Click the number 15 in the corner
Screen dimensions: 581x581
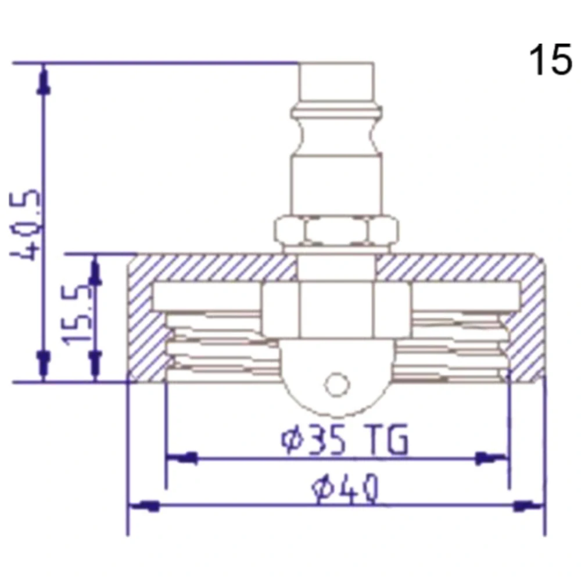(x=551, y=60)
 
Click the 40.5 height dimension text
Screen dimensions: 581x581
(x=24, y=224)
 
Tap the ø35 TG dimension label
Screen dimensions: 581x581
(x=345, y=439)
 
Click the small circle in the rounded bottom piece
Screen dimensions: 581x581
(x=337, y=385)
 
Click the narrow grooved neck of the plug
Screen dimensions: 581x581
(x=336, y=136)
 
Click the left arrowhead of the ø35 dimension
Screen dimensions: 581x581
(x=181, y=459)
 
